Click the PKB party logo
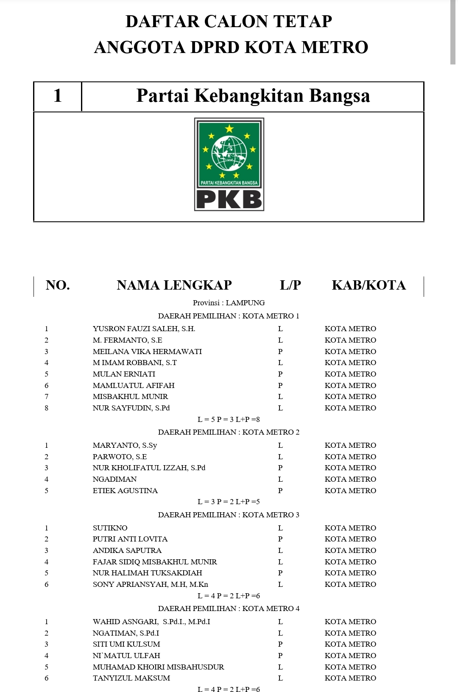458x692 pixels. pyautogui.click(x=229, y=164)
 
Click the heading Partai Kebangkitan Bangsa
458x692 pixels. pyautogui.click(x=253, y=96)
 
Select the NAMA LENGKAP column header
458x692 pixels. pyautogui.click(x=174, y=285)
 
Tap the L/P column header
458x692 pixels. pyautogui.click(x=290, y=285)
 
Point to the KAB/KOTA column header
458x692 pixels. pyautogui.click(x=369, y=285)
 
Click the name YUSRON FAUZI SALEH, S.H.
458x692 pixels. pyautogui.click(x=144, y=329)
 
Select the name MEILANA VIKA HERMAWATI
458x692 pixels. pyautogui.click(x=147, y=352)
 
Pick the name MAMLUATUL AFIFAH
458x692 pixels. pyautogui.click(x=134, y=385)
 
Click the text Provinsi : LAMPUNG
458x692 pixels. pyautogui.click(x=229, y=303)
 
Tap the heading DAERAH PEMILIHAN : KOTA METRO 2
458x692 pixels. pyautogui.click(x=229, y=432)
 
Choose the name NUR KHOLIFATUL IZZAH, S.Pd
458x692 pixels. pyautogui.click(x=149, y=468)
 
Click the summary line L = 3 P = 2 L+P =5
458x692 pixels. pyautogui.click(x=229, y=502)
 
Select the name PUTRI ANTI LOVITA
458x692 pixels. pyautogui.click(x=130, y=539)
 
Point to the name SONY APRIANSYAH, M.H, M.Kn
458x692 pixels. pyautogui.click(x=151, y=584)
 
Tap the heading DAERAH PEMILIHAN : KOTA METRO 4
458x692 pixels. pyautogui.click(x=229, y=608)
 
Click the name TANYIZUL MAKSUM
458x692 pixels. pyautogui.click(x=131, y=678)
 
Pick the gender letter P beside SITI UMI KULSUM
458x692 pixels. pyautogui.click(x=280, y=644)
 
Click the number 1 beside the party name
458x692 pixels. pyautogui.click(x=58, y=96)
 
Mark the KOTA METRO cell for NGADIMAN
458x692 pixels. pyautogui.click(x=350, y=479)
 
